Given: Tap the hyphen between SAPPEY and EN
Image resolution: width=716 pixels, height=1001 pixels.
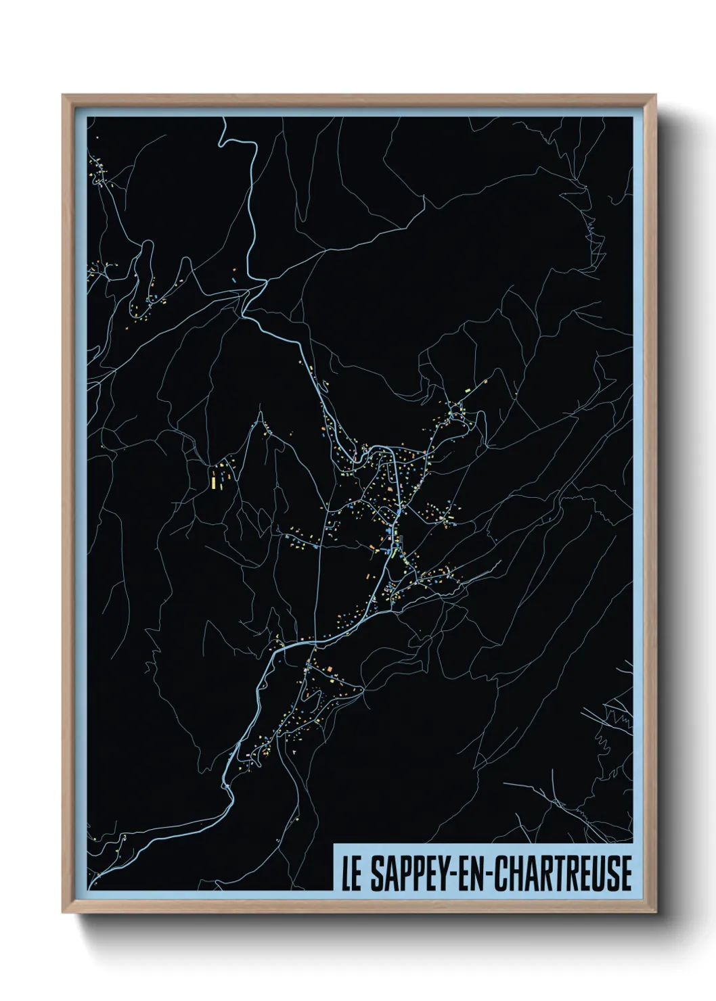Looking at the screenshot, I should [454, 875].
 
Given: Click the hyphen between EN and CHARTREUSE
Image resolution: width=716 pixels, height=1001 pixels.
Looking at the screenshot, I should [491, 875].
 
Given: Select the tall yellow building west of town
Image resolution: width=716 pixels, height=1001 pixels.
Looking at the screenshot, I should [214, 482].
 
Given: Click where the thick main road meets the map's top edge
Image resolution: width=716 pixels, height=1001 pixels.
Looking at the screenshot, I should [221, 118].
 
